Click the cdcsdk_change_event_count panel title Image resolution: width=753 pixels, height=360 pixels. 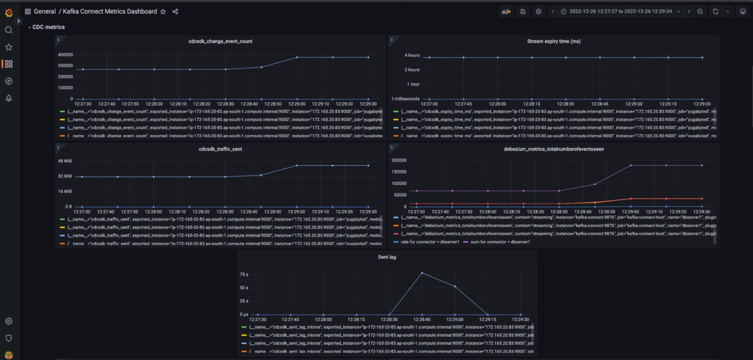220,41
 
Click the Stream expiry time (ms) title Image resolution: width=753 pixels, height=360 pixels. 553,41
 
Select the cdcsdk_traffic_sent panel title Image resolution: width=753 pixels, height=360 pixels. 220,149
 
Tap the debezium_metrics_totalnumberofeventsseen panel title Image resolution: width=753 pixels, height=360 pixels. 553,149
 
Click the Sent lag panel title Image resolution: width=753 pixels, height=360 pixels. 387,257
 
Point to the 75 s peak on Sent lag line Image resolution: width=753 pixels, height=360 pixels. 422,273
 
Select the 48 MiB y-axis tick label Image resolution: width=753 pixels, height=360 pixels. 65,161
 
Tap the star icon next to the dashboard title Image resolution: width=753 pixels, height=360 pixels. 163,11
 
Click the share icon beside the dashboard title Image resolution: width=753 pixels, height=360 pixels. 175,11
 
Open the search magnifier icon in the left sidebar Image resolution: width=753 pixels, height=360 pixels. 8,30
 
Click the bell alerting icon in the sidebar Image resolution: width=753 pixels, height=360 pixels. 8,98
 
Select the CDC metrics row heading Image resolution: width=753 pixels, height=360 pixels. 48,27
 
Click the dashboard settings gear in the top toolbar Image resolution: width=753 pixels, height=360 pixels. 538,11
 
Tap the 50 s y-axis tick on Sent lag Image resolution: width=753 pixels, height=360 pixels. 244,287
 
